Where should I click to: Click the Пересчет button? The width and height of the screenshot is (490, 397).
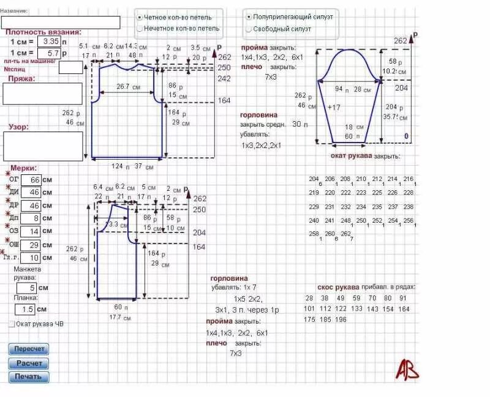[x=28, y=349]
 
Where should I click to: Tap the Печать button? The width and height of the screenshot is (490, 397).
[x=28, y=376]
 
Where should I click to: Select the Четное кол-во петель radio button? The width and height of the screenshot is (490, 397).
[x=140, y=17]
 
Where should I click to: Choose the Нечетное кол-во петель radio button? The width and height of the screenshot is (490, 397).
[x=140, y=28]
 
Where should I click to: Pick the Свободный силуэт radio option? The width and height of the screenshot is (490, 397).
[x=248, y=28]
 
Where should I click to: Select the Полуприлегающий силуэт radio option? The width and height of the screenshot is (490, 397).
[x=248, y=17]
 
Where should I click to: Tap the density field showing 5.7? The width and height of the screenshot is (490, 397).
[x=49, y=53]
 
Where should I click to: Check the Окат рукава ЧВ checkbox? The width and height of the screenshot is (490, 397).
[x=12, y=324]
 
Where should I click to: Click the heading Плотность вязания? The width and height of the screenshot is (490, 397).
[x=43, y=32]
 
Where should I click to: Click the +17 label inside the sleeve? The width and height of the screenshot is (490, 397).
[x=334, y=108]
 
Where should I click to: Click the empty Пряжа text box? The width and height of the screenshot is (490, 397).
[x=42, y=93]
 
